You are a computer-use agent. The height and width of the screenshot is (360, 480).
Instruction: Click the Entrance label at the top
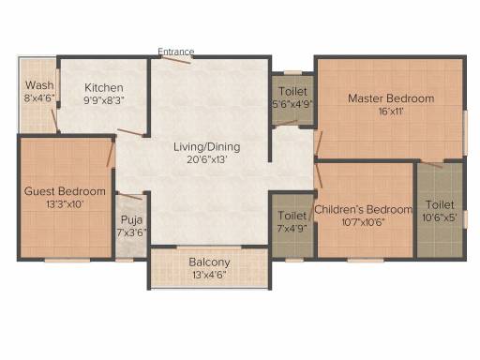[176, 52]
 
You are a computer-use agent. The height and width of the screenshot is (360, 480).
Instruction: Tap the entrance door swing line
[176, 60]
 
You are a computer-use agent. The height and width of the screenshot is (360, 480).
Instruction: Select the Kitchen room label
[104, 87]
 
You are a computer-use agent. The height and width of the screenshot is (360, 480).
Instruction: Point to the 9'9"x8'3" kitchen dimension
[104, 100]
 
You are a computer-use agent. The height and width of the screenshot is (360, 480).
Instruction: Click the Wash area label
[39, 85]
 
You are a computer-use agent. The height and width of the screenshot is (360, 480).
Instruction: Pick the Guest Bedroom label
[65, 191]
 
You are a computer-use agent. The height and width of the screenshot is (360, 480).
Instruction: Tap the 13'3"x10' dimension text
[65, 204]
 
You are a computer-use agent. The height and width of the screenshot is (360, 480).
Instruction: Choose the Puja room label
[131, 219]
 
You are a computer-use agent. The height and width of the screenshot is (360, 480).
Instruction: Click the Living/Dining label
[207, 147]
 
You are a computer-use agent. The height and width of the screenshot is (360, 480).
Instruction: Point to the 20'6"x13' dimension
[207, 159]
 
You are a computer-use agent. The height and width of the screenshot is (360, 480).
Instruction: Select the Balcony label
[209, 262]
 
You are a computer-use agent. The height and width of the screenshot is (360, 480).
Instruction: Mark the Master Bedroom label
[391, 98]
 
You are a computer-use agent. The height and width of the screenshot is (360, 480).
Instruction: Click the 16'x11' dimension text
[391, 112]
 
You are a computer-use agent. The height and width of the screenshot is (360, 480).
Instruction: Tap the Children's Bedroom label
[363, 209]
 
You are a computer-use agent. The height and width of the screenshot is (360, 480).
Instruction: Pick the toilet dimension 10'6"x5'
[440, 217]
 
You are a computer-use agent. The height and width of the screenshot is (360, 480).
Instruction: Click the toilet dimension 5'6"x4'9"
[292, 104]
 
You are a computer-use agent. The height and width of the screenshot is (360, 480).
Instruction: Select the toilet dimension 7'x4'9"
[292, 228]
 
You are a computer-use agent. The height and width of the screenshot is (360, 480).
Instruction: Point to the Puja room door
[130, 197]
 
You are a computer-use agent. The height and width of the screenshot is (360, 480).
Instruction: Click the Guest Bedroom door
[110, 153]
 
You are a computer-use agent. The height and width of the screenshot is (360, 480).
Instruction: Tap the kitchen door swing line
[130, 132]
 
